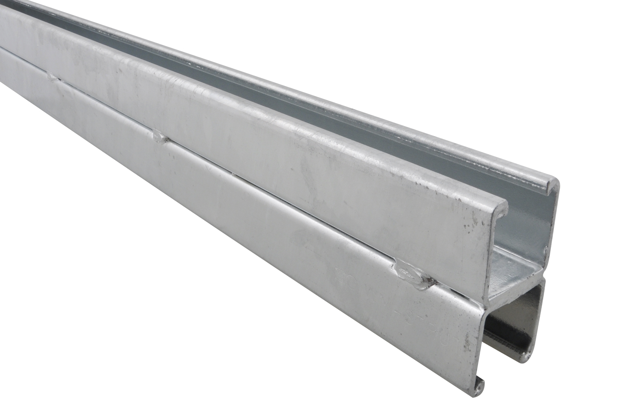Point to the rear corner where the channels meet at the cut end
pyautogui.click(x=543, y=277)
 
